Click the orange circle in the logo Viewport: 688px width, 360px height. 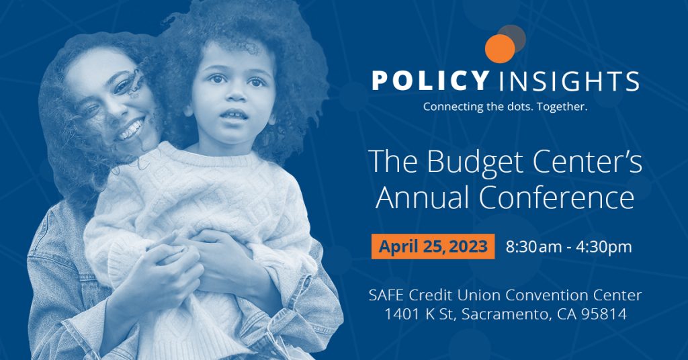point(499,48)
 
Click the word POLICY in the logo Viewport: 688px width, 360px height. point(429,82)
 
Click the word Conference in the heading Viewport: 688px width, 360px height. point(562,198)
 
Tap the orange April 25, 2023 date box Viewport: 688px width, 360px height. point(433,246)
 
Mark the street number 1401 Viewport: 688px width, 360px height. point(402,314)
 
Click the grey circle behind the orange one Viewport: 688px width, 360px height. point(513,36)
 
